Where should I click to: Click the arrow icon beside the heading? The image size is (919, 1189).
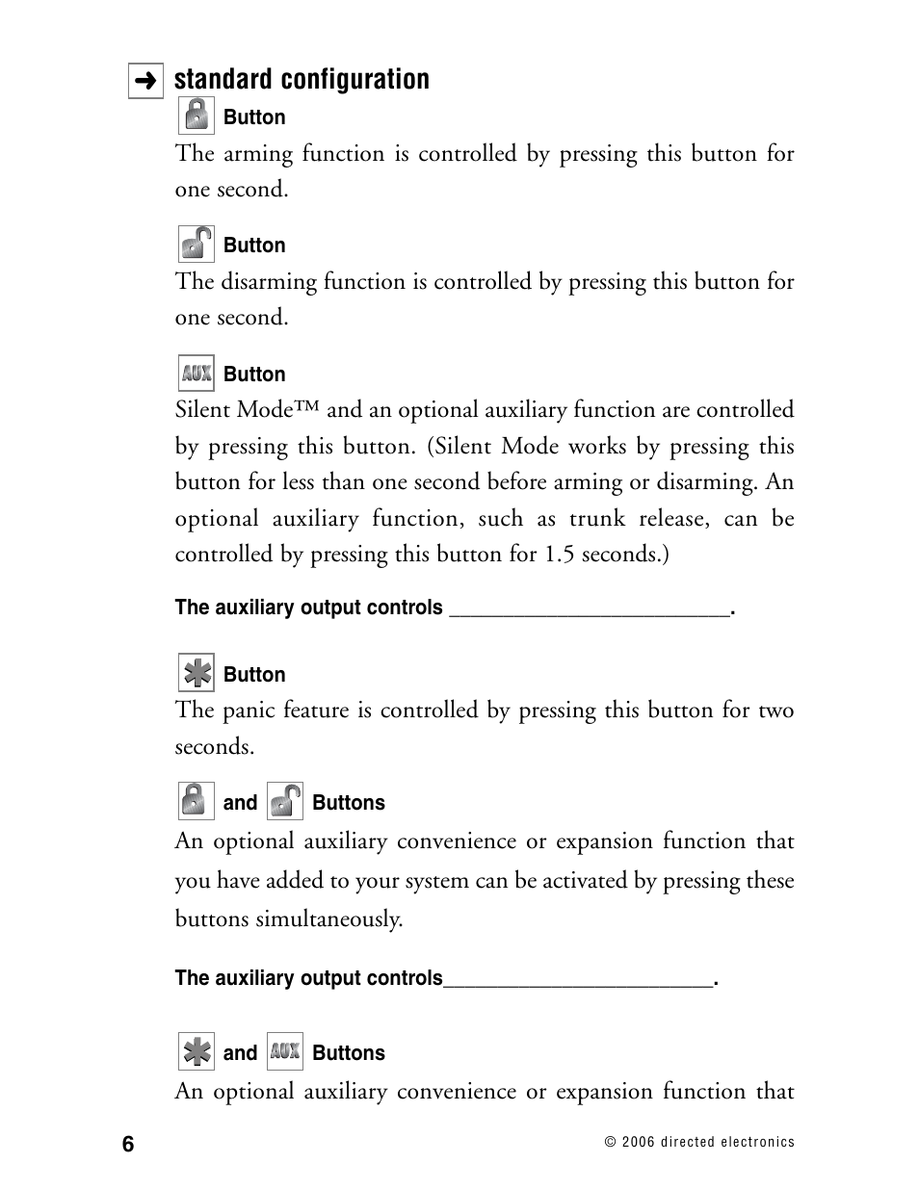tap(145, 82)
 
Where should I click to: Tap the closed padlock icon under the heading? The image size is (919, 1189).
tap(196, 116)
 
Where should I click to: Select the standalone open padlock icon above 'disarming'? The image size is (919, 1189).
tap(196, 244)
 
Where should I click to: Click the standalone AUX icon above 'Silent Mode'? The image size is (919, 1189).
tap(196, 373)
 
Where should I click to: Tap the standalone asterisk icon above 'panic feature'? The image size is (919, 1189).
tap(196, 673)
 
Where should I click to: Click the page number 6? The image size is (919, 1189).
tap(129, 1144)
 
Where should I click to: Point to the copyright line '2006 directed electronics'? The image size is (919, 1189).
tap(699, 1142)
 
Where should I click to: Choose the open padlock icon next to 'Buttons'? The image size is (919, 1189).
tap(284, 801)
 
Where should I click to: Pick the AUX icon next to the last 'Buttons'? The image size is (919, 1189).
tap(284, 1051)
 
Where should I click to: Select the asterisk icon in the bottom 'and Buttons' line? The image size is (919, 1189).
tap(196, 1051)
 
